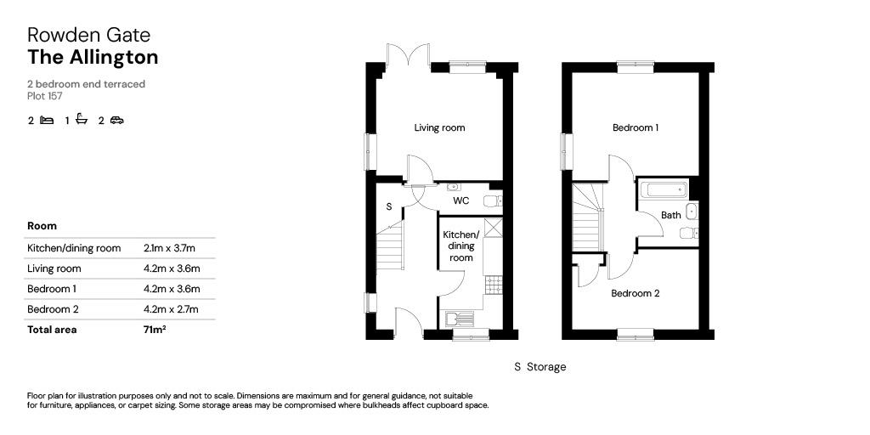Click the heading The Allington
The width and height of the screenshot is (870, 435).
93,58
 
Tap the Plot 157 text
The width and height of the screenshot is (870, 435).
44,96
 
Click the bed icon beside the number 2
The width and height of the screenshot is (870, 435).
47,121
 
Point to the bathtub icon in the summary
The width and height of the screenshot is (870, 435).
82,120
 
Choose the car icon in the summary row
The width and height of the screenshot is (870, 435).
117,121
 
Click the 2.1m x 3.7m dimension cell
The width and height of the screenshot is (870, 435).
170,248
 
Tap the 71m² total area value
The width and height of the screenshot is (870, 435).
155,330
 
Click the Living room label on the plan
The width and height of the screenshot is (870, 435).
439,128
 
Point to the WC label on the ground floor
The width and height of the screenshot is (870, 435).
461,201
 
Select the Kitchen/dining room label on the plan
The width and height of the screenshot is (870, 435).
461,246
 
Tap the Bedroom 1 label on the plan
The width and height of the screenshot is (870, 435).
636,128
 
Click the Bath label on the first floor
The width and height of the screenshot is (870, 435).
671,216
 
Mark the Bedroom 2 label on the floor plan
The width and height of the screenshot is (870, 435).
636,294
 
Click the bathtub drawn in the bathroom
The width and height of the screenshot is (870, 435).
663,189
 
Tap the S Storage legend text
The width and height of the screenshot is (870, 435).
540,367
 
